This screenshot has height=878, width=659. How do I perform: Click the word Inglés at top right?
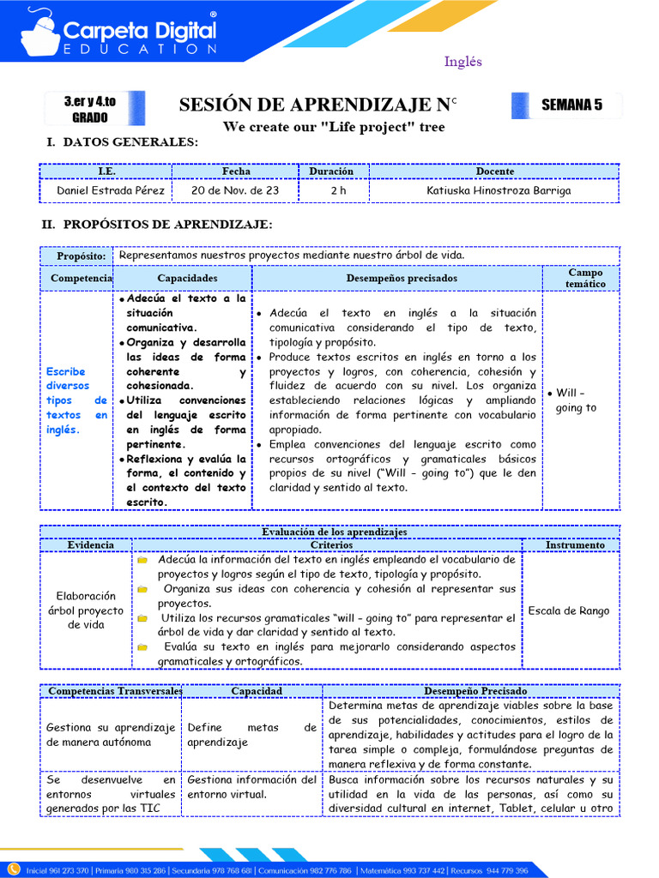click(x=463, y=62)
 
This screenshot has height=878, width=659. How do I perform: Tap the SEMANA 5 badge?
click(x=571, y=105)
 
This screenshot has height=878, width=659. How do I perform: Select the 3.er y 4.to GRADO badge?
click(x=90, y=109)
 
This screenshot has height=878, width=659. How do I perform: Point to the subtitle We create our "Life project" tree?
click(x=334, y=127)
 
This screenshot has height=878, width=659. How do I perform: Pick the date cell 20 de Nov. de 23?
click(x=235, y=190)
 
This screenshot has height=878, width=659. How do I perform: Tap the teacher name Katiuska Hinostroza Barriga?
click(x=499, y=190)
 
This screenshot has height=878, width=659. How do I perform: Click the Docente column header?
click(x=494, y=171)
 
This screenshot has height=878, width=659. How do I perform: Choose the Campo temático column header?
click(x=585, y=278)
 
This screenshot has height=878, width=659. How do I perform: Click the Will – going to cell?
click(x=576, y=400)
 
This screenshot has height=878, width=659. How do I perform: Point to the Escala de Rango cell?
click(x=569, y=610)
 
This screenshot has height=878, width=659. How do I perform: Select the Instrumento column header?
click(x=575, y=544)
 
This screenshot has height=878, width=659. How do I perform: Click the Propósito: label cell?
click(x=81, y=256)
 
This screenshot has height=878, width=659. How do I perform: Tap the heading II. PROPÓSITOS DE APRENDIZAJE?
click(x=159, y=225)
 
